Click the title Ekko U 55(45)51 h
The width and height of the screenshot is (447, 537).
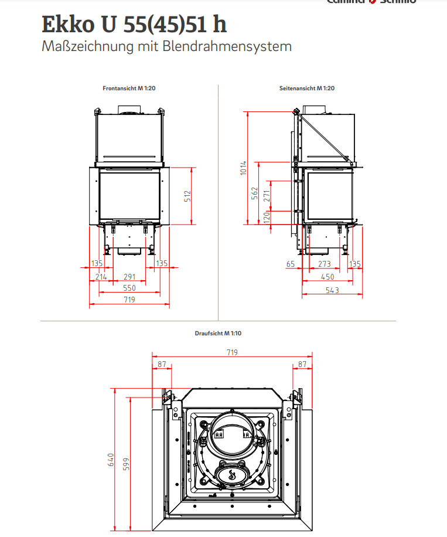point(134,24)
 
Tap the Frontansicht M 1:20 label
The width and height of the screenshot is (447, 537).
point(129,88)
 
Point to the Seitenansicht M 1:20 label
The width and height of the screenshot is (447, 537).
point(307,88)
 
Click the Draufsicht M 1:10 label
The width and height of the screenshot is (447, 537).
point(218,333)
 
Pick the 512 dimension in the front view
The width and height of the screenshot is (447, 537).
point(187,196)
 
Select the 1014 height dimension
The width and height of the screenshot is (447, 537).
point(243,168)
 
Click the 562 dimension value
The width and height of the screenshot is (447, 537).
point(255,193)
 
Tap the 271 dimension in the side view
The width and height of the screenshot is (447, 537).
point(266,196)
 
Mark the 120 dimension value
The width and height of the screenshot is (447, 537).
point(266,217)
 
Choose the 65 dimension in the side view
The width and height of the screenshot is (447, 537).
point(291,264)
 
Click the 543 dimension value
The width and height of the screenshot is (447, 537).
point(332,291)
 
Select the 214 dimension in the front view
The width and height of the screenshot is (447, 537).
point(101,277)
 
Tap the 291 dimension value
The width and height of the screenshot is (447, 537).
point(129,277)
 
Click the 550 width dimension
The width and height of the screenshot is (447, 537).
point(129,288)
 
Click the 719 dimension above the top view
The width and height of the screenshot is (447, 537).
point(232,352)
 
